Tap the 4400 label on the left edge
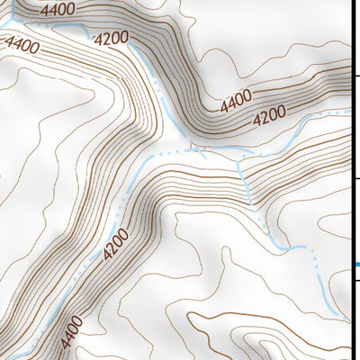(x=20, y=42)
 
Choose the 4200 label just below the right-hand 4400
(x=268, y=115)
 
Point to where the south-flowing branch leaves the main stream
(x=241, y=163)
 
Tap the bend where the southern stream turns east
(x=274, y=244)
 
